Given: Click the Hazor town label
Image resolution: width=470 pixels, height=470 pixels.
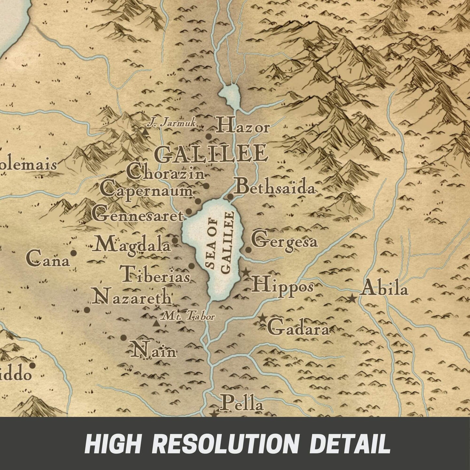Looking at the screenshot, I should point(243,126).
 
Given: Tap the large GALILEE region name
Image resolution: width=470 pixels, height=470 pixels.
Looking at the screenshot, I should point(211,154).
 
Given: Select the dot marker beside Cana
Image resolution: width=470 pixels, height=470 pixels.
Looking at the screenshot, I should point(74,253).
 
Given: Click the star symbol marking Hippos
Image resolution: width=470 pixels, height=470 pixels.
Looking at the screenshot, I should point(246,272).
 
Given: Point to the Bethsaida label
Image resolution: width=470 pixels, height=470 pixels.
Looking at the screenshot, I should point(275,188).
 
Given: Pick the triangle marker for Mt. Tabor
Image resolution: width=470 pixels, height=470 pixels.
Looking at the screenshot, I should point(156,323).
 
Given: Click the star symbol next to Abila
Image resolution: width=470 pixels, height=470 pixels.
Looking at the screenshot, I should point(352,298).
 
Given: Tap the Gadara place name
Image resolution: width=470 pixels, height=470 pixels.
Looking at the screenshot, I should point(298,328).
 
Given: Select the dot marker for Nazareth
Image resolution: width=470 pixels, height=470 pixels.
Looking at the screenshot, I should point(87,310).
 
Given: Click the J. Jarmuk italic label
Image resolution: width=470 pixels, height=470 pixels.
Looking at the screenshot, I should point(171,123).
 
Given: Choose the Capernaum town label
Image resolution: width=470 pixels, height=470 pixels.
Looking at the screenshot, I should point(146,190).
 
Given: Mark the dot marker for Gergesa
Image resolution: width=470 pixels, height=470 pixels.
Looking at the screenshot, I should point(248,249).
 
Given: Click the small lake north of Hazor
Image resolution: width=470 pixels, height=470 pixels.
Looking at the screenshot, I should point(230,94).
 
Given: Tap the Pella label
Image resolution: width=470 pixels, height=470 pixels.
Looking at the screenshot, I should point(241,404).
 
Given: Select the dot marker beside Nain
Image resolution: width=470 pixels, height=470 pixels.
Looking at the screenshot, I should point(123,338).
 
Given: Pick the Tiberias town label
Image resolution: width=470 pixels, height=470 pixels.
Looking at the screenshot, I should point(155,274).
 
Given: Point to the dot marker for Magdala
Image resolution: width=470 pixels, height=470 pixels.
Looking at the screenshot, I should point(175,241).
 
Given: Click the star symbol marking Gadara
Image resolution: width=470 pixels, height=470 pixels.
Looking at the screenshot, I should point(262,318).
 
